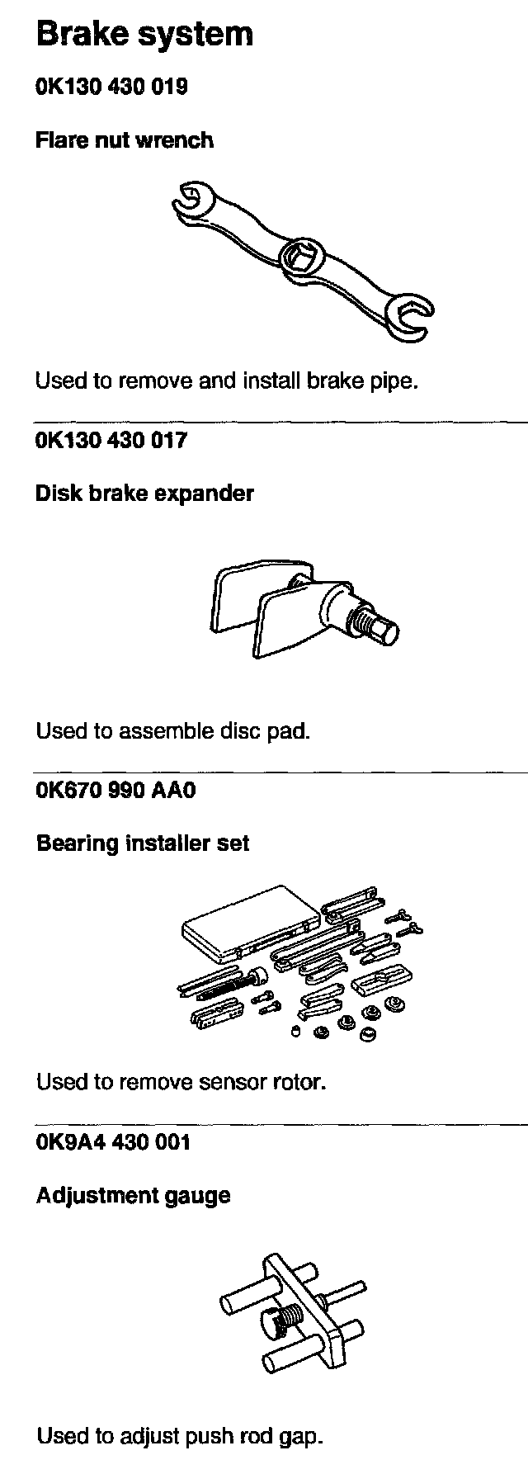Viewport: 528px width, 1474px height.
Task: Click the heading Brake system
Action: click(x=144, y=35)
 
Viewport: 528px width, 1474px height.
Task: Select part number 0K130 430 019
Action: click(x=111, y=86)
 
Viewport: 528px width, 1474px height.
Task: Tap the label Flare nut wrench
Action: click(x=125, y=140)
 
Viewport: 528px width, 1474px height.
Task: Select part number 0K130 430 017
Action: click(x=111, y=440)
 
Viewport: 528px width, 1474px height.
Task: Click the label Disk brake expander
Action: click(x=144, y=494)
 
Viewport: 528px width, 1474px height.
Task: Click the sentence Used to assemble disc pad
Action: click(x=172, y=730)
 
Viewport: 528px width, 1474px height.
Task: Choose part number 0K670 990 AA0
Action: click(x=116, y=790)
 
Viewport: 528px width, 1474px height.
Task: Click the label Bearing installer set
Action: click(x=143, y=843)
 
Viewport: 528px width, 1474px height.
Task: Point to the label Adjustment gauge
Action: click(x=133, y=1195)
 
